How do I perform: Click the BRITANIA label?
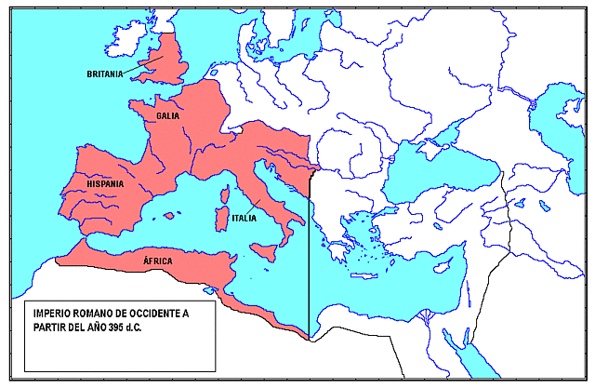point(105,74)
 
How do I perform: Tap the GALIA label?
point(168,116)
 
